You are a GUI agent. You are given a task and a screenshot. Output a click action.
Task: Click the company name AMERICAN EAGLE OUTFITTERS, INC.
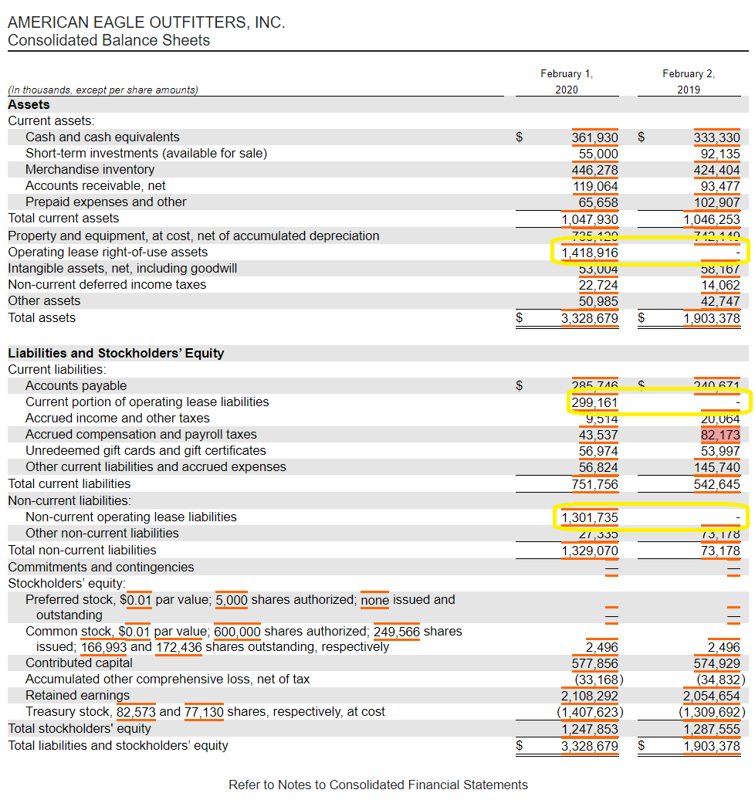tap(146, 22)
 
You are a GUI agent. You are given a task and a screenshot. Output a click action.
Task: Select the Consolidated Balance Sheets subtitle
tap(108, 40)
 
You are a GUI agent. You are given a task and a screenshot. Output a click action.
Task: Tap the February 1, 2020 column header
tap(566, 82)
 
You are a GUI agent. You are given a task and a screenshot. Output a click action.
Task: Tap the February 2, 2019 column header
tap(688, 82)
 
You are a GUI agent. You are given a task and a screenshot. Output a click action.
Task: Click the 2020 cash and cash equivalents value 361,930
tap(594, 137)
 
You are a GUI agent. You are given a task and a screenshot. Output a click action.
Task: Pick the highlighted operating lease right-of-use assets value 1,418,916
tap(590, 253)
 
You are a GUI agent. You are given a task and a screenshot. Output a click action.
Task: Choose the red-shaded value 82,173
tap(719, 435)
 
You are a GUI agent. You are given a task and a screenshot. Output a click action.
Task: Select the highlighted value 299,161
tap(594, 402)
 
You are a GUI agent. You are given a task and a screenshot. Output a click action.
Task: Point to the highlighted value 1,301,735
tap(590, 517)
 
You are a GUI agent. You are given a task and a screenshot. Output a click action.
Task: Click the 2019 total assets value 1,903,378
tap(712, 318)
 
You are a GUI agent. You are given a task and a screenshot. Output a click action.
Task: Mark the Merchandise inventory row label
tap(90, 170)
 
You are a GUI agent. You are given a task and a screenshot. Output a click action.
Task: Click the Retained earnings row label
tap(77, 696)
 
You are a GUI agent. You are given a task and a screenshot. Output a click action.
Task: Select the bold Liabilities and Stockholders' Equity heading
tap(116, 354)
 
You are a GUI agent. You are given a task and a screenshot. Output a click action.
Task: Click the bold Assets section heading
tap(29, 105)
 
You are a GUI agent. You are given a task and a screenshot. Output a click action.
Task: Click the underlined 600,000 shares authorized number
tap(237, 632)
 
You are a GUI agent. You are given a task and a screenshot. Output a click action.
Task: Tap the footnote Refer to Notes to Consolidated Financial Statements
tap(378, 785)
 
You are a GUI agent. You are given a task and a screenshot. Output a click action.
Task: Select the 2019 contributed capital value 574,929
tap(716, 663)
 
